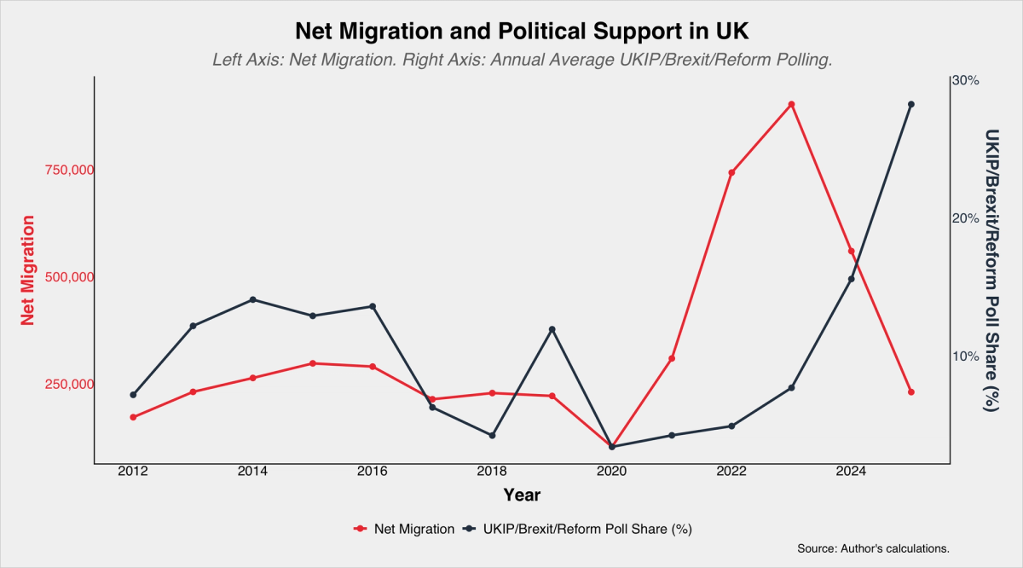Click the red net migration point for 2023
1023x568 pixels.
click(x=792, y=105)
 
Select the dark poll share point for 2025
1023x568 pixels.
click(x=911, y=105)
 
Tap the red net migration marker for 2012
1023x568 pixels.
click(x=133, y=417)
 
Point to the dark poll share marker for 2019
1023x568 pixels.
click(x=552, y=329)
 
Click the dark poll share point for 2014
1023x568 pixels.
click(x=253, y=299)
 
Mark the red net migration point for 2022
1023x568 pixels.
click(x=731, y=173)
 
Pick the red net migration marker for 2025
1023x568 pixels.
click(x=911, y=392)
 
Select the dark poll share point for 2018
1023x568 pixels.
click(x=493, y=436)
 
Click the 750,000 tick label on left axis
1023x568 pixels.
click(x=69, y=170)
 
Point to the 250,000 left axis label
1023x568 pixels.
click(x=69, y=385)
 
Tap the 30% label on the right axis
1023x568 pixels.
click(x=966, y=81)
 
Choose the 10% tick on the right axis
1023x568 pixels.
click(x=966, y=356)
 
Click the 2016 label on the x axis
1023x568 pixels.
click(x=373, y=472)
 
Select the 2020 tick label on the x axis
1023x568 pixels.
click(x=612, y=472)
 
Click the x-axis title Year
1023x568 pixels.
click(x=522, y=496)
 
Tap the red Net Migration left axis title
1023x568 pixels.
click(x=28, y=270)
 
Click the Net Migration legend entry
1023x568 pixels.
click(x=404, y=529)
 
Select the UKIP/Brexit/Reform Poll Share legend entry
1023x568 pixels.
click(x=577, y=529)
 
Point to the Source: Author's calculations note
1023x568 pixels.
click(x=873, y=548)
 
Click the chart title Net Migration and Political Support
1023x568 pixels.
click(x=522, y=32)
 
